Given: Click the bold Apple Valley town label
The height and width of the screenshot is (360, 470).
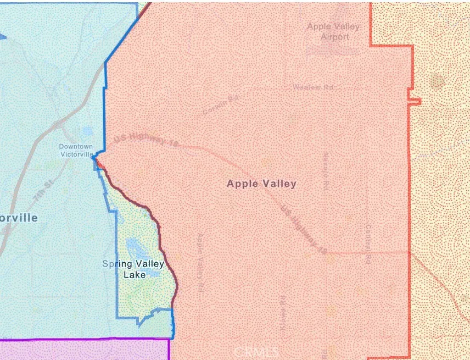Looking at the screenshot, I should (261, 184).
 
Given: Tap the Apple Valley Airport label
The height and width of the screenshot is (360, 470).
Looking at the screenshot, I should (333, 31).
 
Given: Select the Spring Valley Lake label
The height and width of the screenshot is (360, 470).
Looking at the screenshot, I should (133, 269).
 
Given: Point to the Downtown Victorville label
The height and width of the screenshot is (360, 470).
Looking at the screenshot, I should (76, 150).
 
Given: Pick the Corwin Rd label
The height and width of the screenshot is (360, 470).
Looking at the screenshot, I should (220, 105).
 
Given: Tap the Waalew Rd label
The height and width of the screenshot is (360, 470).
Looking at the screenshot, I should (313, 87).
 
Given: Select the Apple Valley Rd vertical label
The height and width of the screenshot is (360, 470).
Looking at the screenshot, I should (201, 262).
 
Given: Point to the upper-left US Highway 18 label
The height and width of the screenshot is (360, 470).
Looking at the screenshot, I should (147, 141).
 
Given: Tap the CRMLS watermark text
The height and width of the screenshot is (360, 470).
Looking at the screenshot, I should (256, 351).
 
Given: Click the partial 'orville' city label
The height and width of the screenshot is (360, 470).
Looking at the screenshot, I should (19, 218).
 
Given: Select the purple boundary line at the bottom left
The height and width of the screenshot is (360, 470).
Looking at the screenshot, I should (82, 340).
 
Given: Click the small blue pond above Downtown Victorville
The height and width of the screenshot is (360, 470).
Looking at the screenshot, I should (87, 132).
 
